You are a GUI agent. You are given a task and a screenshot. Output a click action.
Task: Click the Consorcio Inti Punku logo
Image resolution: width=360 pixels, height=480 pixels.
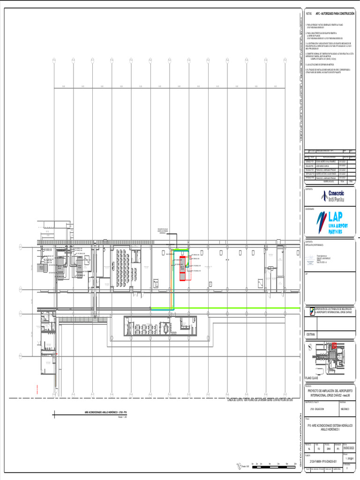click(x=332, y=196)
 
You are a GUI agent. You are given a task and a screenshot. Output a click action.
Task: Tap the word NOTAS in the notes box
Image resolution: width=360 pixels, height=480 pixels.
click(x=308, y=14)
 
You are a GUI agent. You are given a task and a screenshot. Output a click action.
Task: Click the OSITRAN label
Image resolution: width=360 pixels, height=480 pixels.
click(x=311, y=334)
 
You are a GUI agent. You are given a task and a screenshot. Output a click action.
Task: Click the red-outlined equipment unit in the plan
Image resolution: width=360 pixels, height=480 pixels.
click(x=182, y=268)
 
